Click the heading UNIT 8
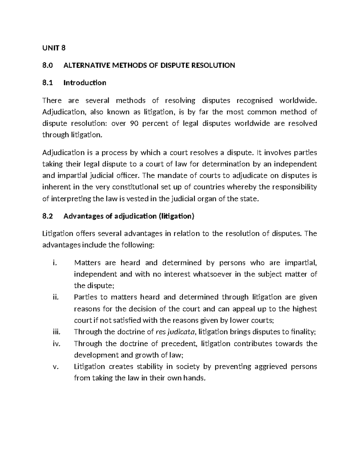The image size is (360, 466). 54,48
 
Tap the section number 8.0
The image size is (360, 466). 47,65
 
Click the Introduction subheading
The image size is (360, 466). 85,83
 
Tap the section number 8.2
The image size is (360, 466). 47,216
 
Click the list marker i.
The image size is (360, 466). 54,263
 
